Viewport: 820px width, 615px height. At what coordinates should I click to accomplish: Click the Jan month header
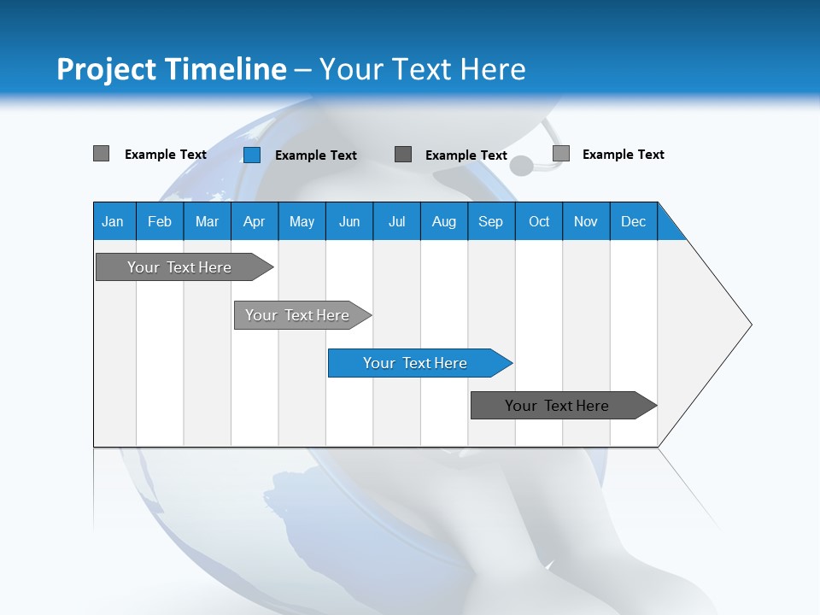114,221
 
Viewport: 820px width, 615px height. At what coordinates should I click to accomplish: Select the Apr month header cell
255,221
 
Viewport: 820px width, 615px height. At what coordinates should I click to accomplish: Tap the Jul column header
396,221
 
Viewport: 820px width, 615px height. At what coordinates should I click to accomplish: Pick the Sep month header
491,221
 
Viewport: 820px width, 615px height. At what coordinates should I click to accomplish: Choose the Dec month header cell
633,221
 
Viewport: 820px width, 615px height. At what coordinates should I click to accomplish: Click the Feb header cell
160,221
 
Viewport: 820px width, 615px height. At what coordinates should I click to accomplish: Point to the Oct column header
539,221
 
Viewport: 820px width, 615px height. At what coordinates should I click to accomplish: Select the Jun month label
349,221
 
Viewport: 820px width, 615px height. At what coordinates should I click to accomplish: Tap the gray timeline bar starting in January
179,267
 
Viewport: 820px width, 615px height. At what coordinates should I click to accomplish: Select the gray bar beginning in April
297,315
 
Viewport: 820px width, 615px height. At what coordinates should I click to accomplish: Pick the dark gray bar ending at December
557,406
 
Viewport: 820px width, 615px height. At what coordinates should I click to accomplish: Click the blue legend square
252,155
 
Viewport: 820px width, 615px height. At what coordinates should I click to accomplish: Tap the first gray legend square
102,154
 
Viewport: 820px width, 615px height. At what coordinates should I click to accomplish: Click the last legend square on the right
561,154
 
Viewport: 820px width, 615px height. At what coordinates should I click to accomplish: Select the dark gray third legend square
403,155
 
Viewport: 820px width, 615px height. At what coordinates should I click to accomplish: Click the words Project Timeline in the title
172,69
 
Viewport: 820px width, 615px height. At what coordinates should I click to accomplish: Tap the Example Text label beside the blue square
316,155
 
